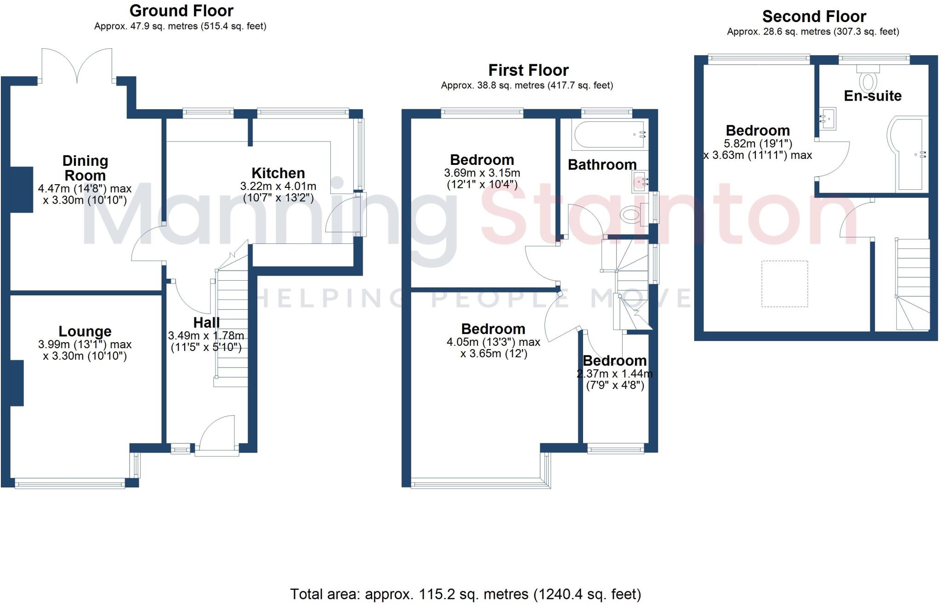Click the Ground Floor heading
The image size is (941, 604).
point(181,11)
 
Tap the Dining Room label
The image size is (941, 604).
point(85,168)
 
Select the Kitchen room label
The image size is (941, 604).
point(278,173)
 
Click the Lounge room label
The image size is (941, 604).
point(85,331)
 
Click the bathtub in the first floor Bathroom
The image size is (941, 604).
point(609,135)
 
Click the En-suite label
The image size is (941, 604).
point(873,96)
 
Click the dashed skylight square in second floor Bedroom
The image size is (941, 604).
point(784,283)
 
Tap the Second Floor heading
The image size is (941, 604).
point(814,17)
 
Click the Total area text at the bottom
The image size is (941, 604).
point(465,594)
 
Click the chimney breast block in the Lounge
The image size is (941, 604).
point(17,383)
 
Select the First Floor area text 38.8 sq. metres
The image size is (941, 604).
point(527,85)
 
